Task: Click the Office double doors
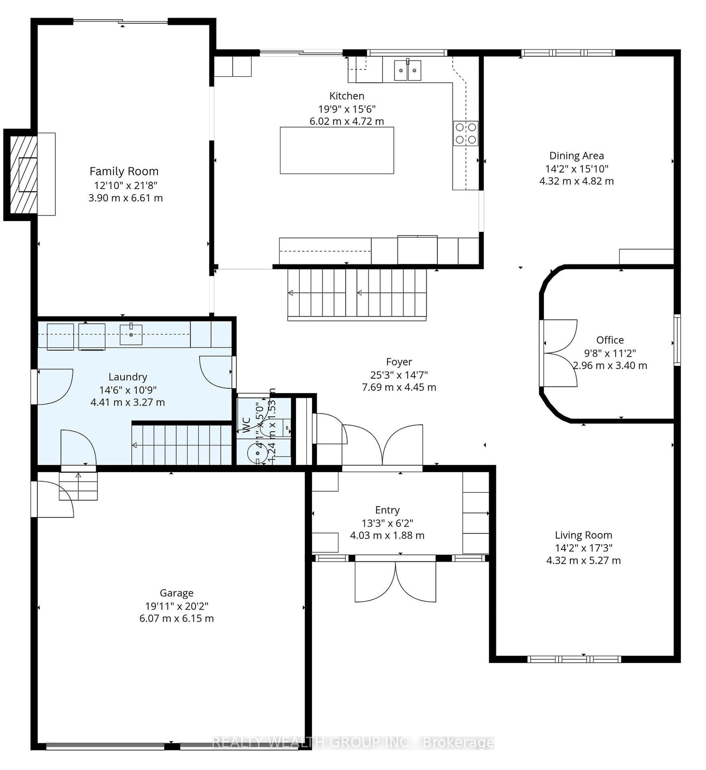(560, 353)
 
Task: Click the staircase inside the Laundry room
(182, 445)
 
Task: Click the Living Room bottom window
(574, 659)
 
